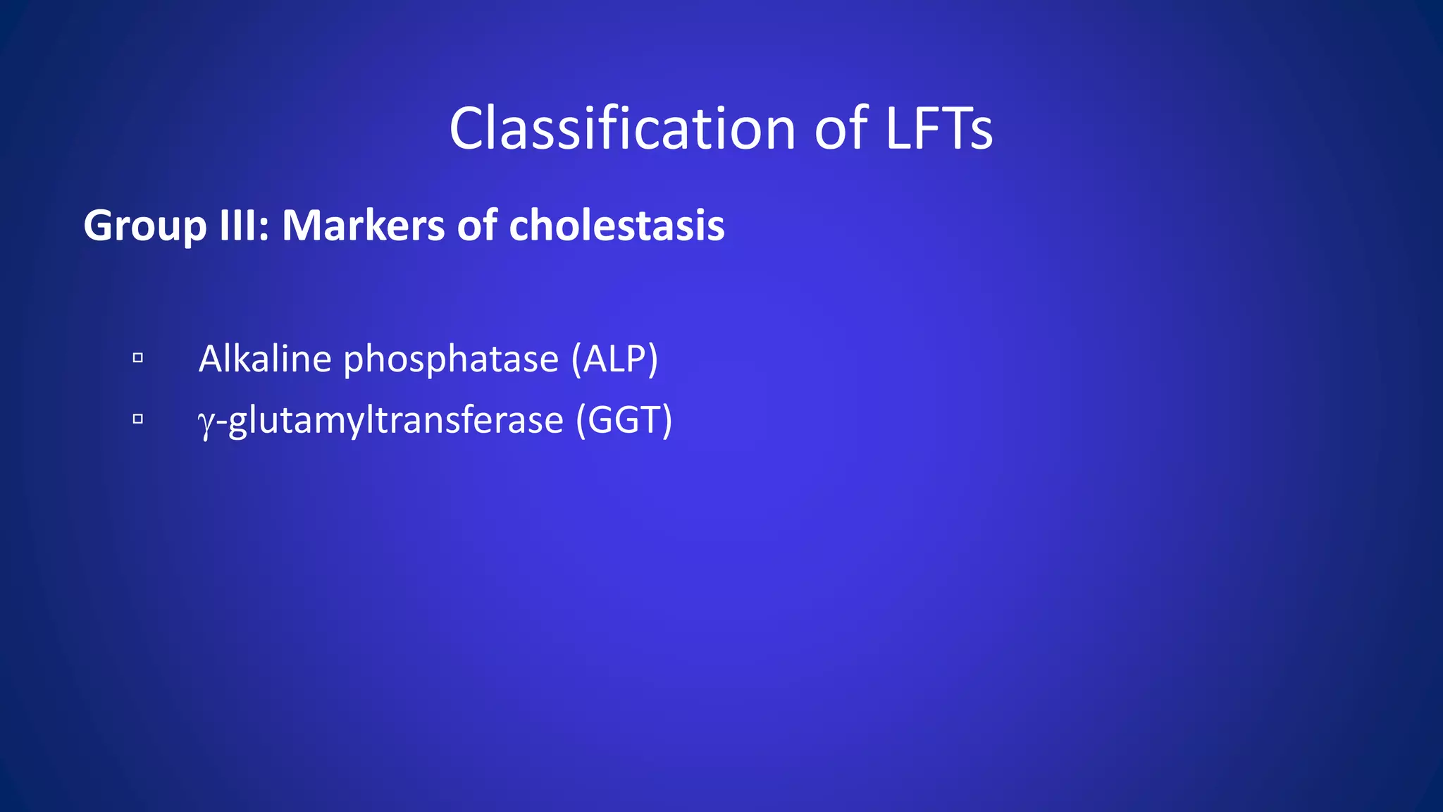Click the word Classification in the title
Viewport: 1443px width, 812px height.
(622, 129)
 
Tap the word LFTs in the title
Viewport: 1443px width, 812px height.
(939, 129)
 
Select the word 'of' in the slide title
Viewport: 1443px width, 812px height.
(841, 129)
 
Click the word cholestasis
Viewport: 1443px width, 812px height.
(617, 226)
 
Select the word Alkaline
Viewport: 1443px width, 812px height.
(265, 359)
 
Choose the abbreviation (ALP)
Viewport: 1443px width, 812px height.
(615, 359)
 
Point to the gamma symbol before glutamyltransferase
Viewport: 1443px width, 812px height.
(206, 422)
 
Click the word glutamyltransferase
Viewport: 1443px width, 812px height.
(396, 421)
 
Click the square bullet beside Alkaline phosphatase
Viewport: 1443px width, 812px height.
(138, 358)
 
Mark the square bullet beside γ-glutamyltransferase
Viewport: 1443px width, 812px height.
(138, 419)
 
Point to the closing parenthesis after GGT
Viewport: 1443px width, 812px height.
(666, 420)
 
